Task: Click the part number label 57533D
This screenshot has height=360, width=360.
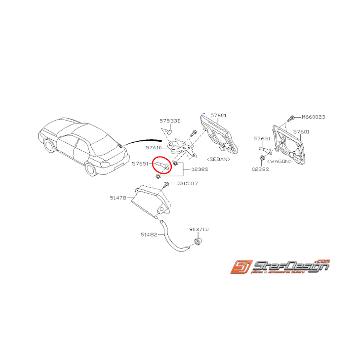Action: tap(170, 121)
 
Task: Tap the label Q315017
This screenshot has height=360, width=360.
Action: tap(187, 183)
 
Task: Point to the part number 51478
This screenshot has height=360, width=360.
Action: tap(118, 198)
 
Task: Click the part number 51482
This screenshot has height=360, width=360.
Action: tap(149, 234)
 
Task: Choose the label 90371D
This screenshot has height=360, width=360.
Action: tap(199, 229)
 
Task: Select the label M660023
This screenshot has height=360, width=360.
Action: tap(314, 117)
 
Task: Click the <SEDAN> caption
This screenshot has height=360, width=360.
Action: tap(218, 159)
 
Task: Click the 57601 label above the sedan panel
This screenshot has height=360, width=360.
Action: tap(218, 115)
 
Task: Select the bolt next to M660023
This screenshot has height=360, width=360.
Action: tap(293, 117)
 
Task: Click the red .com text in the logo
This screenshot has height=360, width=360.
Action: tap(323, 260)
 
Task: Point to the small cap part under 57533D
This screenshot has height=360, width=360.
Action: tap(169, 133)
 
